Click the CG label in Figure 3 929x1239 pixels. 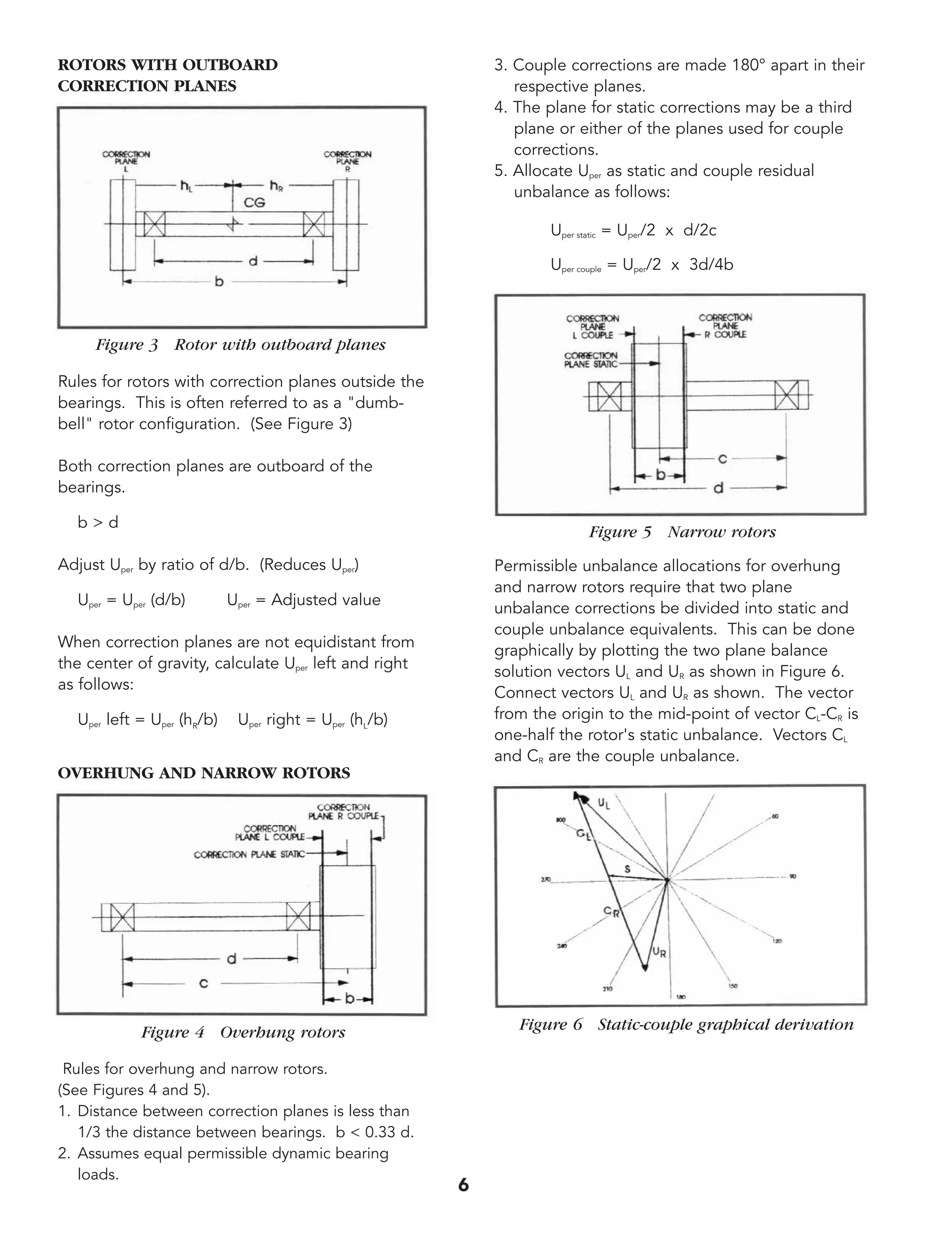(x=254, y=203)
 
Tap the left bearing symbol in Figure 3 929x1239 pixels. (x=155, y=224)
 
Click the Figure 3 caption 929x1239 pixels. (x=240, y=344)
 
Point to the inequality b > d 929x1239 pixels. (x=98, y=523)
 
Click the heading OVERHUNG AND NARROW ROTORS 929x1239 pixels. (x=204, y=773)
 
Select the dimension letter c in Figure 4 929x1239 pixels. (x=204, y=983)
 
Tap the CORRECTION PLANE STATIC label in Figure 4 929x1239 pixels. (x=249, y=854)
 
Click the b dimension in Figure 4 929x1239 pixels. (x=349, y=998)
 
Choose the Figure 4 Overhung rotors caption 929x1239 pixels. (x=243, y=1032)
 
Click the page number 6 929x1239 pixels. (x=464, y=1185)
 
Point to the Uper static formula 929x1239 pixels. (x=633, y=231)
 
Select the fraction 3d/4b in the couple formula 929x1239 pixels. (x=711, y=264)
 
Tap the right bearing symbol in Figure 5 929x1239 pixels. (x=787, y=395)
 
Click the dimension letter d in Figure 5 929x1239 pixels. (x=719, y=488)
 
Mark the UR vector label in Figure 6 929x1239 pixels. (x=660, y=952)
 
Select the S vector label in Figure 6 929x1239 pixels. (x=627, y=869)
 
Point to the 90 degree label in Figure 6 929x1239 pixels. (x=792, y=877)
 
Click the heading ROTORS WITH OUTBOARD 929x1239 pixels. (x=167, y=65)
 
